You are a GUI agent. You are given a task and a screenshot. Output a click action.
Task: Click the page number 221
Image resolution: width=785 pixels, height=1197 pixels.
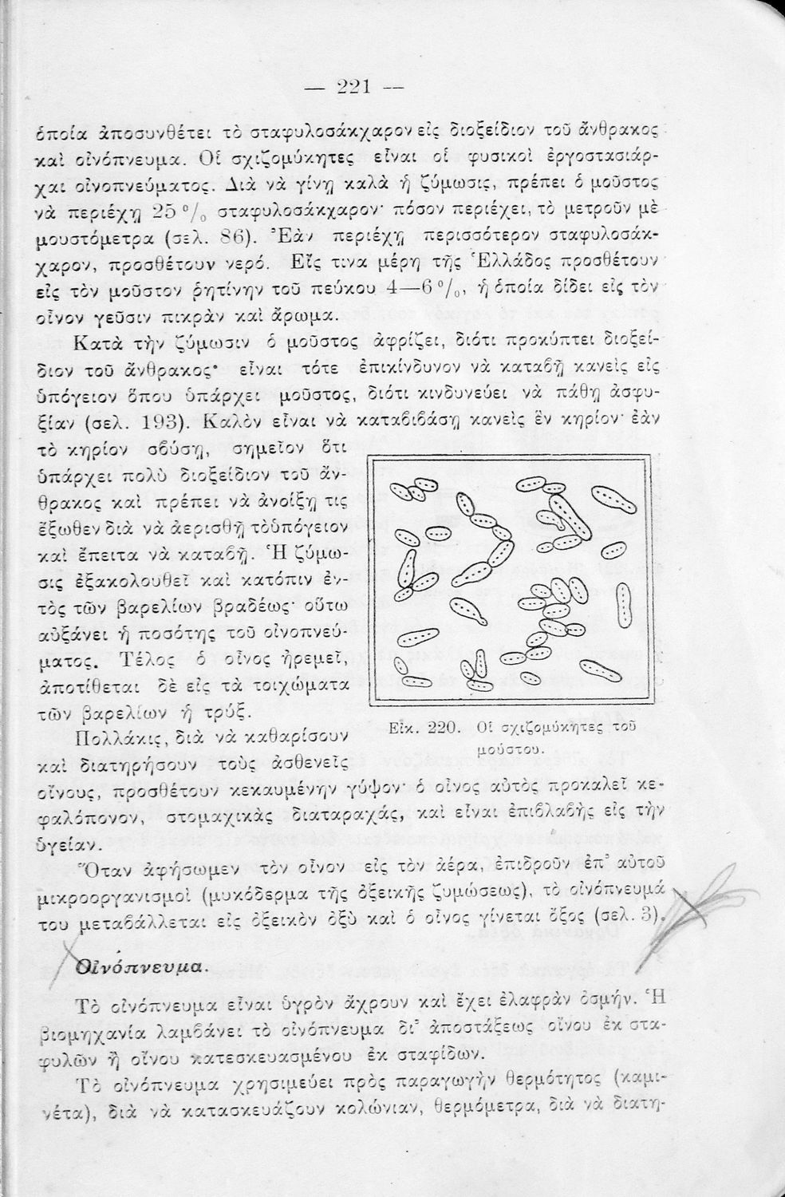(353, 86)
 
